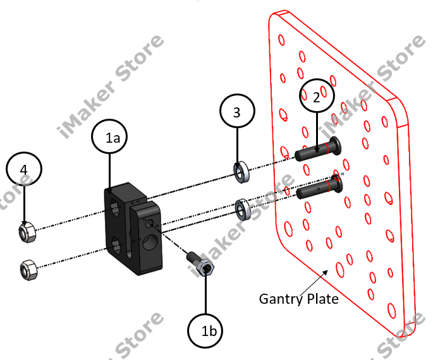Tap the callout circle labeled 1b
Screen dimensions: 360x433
click(x=207, y=329)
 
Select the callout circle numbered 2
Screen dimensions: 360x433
click(x=316, y=97)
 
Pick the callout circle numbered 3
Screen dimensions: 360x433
click(x=237, y=113)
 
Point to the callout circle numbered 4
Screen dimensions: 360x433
click(x=24, y=171)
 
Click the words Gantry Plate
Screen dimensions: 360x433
click(x=299, y=298)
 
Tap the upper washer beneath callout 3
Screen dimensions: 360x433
click(x=240, y=172)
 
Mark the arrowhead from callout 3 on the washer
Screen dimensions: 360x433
click(x=238, y=163)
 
